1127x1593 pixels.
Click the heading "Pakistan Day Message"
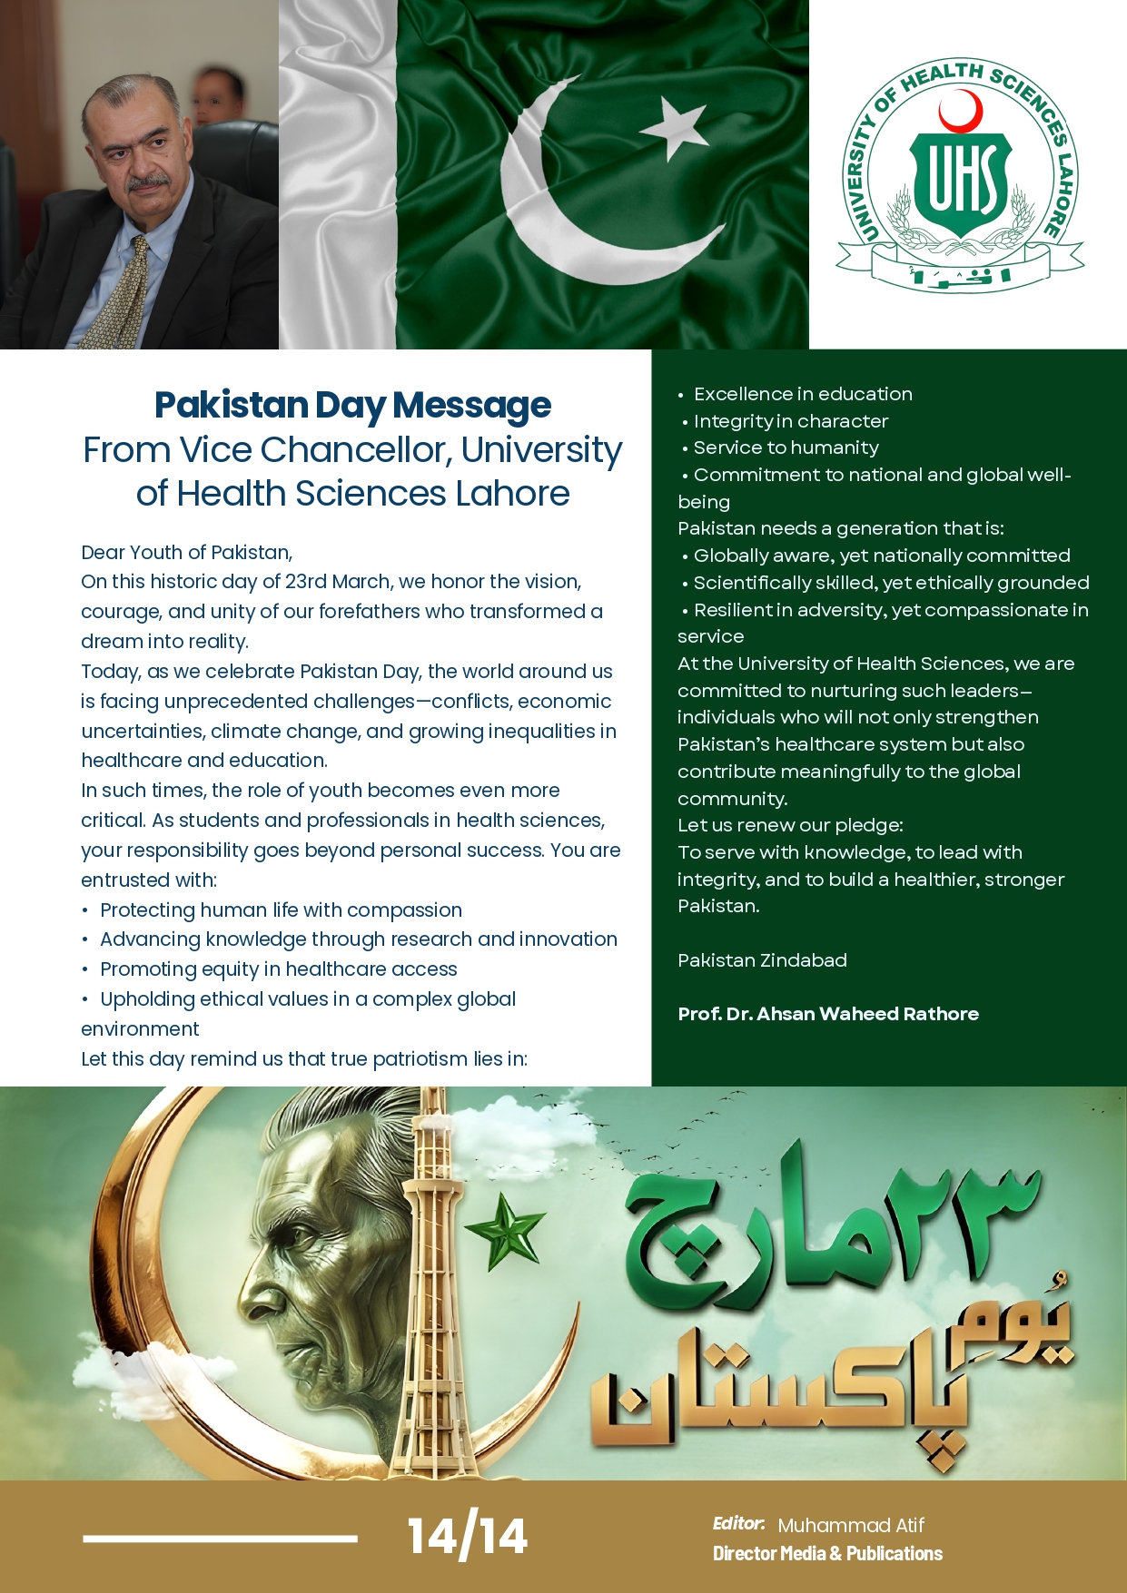pyautogui.click(x=352, y=405)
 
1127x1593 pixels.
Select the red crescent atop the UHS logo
pyautogui.click(x=960, y=112)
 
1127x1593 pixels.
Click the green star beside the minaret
pyautogui.click(x=504, y=1230)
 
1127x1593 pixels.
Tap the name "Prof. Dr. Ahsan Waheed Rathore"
pyautogui.click(x=828, y=1014)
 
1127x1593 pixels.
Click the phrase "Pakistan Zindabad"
pyautogui.click(x=762, y=960)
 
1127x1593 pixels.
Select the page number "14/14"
pyautogui.click(x=467, y=1536)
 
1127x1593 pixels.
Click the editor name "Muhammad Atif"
pyautogui.click(x=851, y=1525)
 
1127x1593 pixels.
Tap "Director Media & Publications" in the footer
pyautogui.click(x=827, y=1553)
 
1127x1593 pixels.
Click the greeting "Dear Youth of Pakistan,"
pyautogui.click(x=186, y=553)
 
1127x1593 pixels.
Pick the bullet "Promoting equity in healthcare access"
pyautogui.click(x=278, y=969)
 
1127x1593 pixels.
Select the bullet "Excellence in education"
pyautogui.click(x=803, y=394)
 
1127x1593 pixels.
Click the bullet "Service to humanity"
pyautogui.click(x=786, y=447)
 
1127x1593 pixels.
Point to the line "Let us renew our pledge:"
pyautogui.click(x=790, y=825)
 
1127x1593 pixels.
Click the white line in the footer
pyautogui.click(x=220, y=1538)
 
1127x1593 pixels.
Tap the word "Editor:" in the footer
pyautogui.click(x=737, y=1523)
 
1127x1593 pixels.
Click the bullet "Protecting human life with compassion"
pyautogui.click(x=281, y=910)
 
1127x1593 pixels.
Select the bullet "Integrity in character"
pyautogui.click(x=790, y=421)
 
